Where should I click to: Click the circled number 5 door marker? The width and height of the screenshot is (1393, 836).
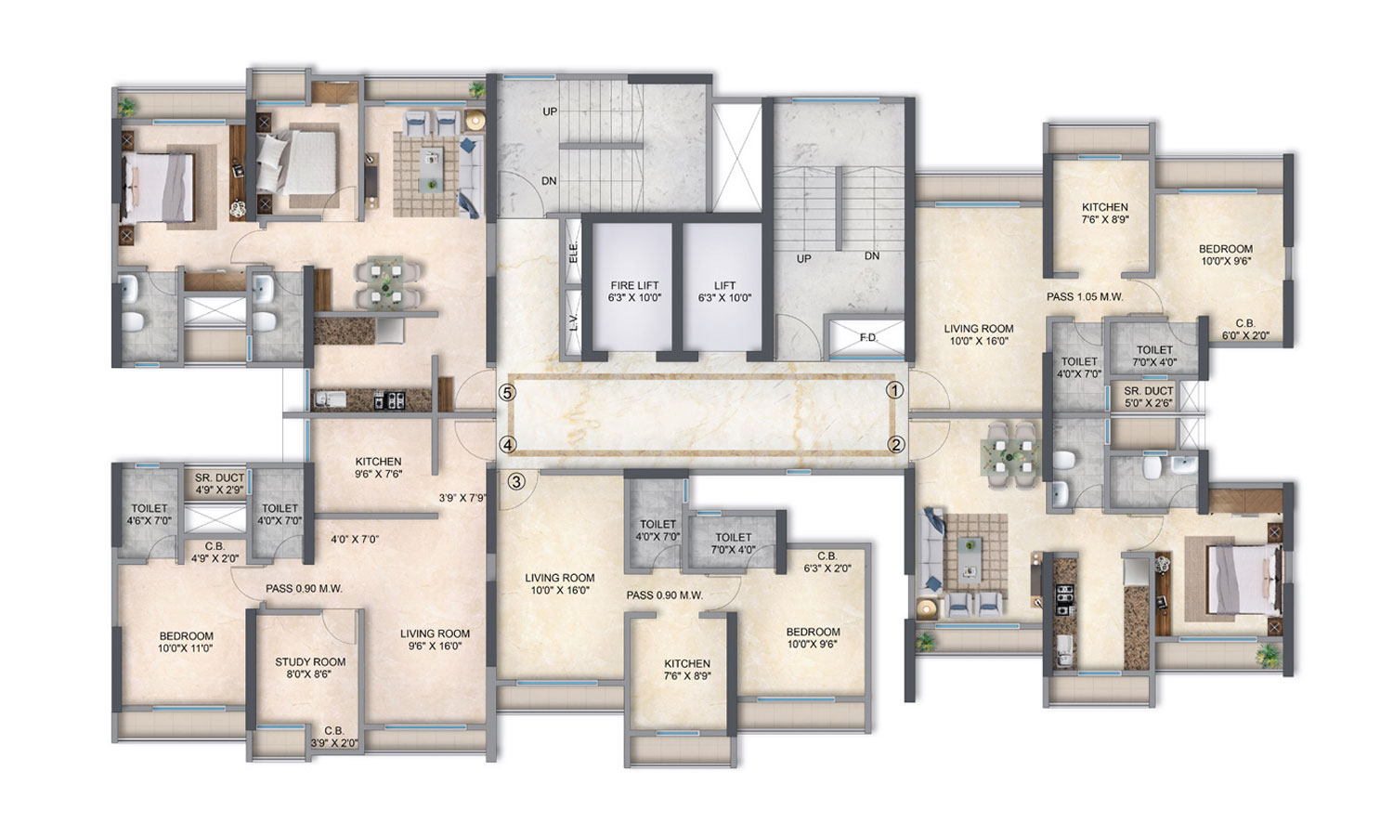[507, 392]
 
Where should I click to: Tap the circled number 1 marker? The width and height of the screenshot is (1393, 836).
[895, 391]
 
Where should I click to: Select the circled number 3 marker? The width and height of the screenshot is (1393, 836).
[518, 480]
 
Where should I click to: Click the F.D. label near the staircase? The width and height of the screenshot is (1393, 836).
[867, 337]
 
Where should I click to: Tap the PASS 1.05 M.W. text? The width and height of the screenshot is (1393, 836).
[1086, 297]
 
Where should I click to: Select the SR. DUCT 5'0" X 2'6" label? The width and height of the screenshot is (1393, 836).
[1149, 397]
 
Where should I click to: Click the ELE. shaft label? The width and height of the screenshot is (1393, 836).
[573, 251]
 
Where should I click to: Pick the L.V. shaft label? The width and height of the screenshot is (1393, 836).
[573, 322]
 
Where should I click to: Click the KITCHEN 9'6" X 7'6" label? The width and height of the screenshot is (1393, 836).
[378, 467]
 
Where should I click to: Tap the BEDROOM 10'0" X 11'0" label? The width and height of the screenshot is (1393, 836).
[186, 642]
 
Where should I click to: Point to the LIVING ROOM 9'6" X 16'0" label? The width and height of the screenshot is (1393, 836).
[435, 640]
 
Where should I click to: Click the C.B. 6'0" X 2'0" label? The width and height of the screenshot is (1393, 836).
[1244, 329]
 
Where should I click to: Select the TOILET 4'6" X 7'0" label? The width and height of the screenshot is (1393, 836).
[150, 514]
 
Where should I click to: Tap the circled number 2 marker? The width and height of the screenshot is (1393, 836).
[895, 445]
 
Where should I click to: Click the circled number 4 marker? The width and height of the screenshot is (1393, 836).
[507, 445]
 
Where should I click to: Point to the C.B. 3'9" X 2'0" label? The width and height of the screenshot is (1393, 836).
[333, 736]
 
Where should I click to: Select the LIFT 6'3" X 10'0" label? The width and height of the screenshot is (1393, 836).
[724, 293]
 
